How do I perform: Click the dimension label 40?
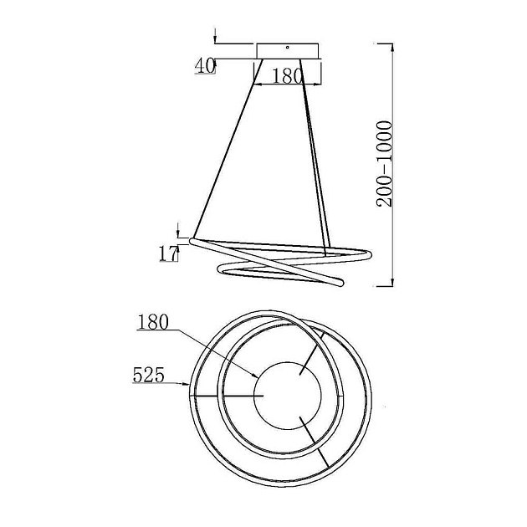(205, 66)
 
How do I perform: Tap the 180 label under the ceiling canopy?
(286, 76)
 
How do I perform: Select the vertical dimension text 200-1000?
(384, 164)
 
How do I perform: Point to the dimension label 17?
(168, 253)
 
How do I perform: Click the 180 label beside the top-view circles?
(152, 322)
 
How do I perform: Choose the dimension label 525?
(149, 375)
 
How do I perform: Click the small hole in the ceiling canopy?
(288, 48)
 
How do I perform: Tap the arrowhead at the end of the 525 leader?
(187, 383)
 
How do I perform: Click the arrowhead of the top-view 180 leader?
(256, 376)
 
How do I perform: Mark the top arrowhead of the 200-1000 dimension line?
(391, 48)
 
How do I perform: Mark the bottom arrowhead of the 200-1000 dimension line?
(391, 282)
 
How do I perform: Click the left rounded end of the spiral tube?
(192, 242)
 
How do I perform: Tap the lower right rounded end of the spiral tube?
(340, 283)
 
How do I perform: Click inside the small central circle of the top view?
(288, 396)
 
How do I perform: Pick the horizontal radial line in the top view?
(226, 396)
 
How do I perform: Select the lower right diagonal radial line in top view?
(314, 442)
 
